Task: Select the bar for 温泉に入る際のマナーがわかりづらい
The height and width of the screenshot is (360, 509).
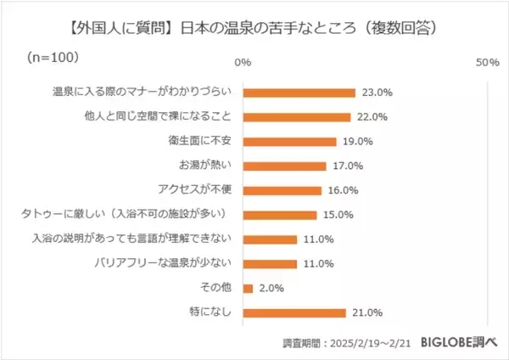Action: click(x=299, y=93)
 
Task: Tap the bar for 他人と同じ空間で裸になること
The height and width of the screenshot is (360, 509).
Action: click(x=296, y=117)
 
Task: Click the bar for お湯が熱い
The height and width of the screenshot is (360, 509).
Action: click(x=284, y=166)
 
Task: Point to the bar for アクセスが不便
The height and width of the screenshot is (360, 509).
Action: click(x=282, y=191)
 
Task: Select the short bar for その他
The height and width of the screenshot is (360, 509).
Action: click(x=248, y=289)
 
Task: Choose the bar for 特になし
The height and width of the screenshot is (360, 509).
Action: click(x=294, y=313)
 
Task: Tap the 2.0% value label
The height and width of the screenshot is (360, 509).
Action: click(x=270, y=289)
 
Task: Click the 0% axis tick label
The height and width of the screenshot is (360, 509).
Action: click(x=243, y=63)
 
